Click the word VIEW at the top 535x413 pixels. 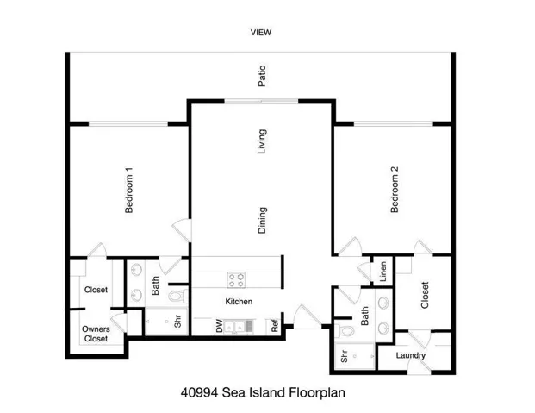pyautogui.click(x=260, y=33)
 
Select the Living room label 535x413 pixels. pyautogui.click(x=262, y=141)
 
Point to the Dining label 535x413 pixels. pyautogui.click(x=262, y=220)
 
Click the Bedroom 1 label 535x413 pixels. pyautogui.click(x=128, y=191)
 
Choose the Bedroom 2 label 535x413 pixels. pyautogui.click(x=395, y=195)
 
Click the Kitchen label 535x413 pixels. pyautogui.click(x=239, y=302)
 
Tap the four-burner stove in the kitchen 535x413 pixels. pyautogui.click(x=236, y=278)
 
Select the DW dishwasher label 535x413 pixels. pyautogui.click(x=220, y=327)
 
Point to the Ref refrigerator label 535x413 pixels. pyautogui.click(x=275, y=327)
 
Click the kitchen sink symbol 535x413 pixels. pyautogui.click(x=246, y=326)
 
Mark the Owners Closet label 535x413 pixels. pyautogui.click(x=96, y=334)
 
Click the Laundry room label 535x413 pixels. pyautogui.click(x=412, y=356)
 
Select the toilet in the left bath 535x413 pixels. pyautogui.click(x=176, y=297)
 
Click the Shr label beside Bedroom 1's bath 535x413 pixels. pyautogui.click(x=177, y=323)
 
